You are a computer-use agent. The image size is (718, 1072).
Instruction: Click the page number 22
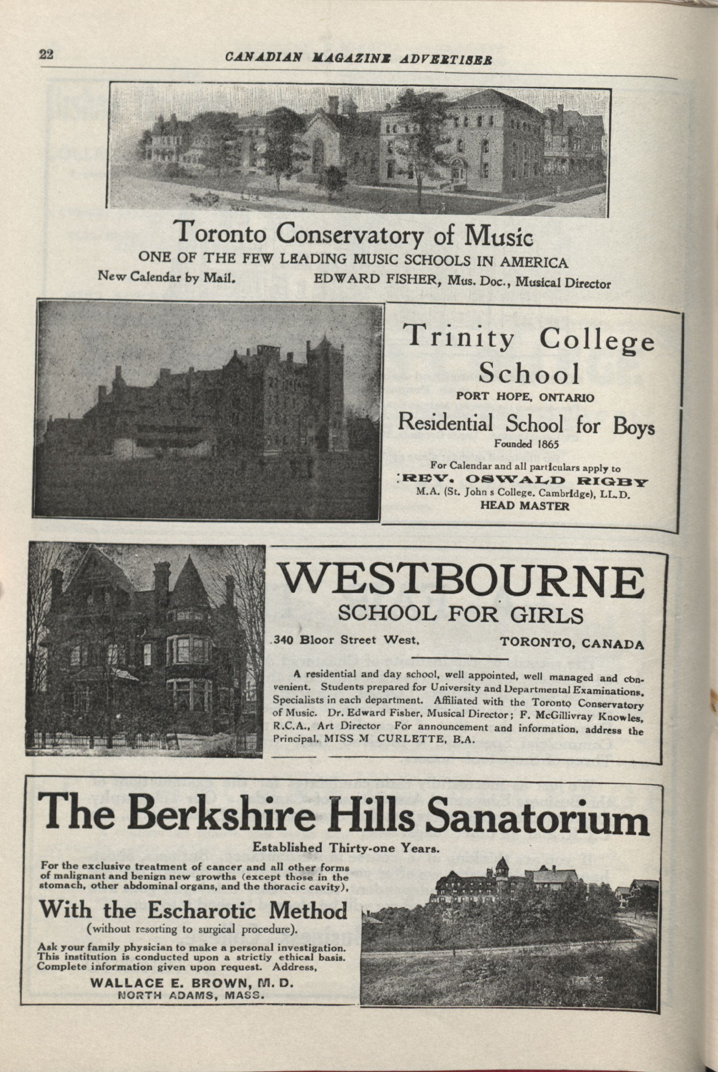coord(46,54)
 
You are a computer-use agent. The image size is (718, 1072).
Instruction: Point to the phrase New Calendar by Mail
coord(167,277)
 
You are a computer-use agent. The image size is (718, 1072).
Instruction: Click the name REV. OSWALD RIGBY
coord(522,481)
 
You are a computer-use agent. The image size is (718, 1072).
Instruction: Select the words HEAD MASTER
coord(524,506)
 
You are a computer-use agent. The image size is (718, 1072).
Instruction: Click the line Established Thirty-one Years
coord(346,847)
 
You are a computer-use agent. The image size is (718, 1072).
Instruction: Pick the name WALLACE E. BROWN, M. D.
coord(191,983)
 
